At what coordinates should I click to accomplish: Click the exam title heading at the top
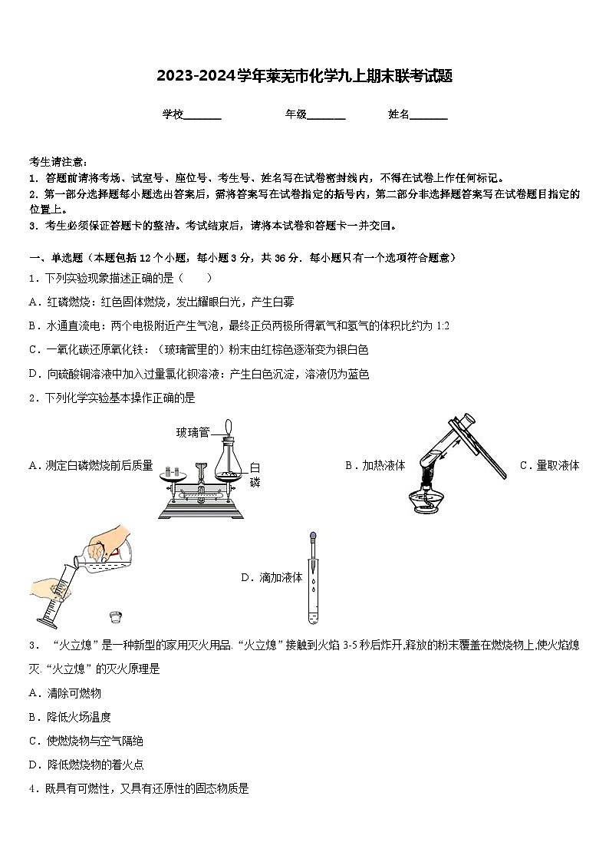point(304,76)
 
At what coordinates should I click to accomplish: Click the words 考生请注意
point(58,162)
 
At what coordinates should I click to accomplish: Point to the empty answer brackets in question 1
point(197,278)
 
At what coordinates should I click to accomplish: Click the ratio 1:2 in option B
point(443,326)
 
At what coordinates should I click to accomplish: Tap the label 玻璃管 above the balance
point(193,432)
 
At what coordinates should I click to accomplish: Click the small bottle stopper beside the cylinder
point(116,616)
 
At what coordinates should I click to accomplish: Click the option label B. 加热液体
point(375,465)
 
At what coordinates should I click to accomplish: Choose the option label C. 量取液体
point(549,465)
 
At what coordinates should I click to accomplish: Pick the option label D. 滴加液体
point(272,577)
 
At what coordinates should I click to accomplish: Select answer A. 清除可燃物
point(64,693)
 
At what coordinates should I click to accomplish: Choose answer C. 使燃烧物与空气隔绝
point(85,741)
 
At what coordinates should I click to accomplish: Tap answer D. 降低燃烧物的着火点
point(85,765)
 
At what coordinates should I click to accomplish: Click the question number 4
point(32,788)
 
